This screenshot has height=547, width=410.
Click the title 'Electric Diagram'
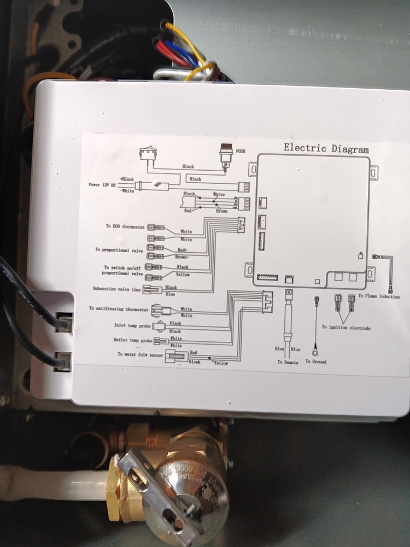pyautogui.click(x=326, y=148)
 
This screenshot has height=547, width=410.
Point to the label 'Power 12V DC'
pyautogui.click(x=102, y=185)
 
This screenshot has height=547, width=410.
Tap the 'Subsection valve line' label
pyautogui.click(x=116, y=289)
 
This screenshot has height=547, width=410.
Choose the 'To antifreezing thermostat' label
pyautogui.click(x=119, y=309)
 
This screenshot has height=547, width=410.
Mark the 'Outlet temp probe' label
pyautogui.click(x=132, y=340)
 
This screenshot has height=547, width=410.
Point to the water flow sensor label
pyautogui.click(x=140, y=354)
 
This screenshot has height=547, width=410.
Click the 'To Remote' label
pyautogui.click(x=288, y=362)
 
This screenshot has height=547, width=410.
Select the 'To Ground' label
pyautogui.click(x=315, y=362)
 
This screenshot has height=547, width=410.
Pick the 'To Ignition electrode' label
pyautogui.click(x=346, y=328)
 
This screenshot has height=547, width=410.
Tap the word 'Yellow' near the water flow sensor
pyautogui.click(x=221, y=362)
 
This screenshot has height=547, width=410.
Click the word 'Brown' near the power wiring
pyautogui.click(x=221, y=211)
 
